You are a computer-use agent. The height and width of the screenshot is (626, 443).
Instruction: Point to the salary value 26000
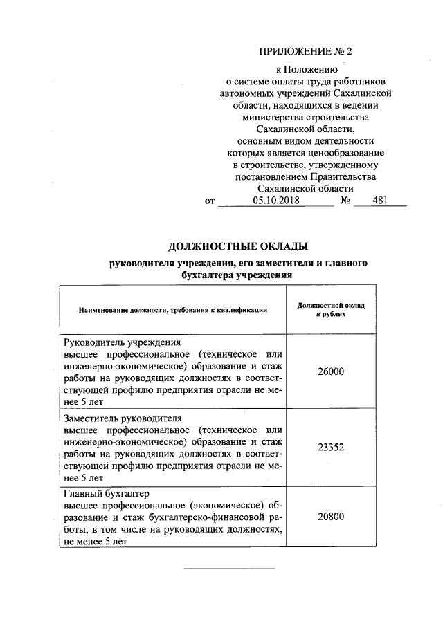(330, 371)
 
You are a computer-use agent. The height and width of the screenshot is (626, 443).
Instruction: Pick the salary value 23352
(330, 447)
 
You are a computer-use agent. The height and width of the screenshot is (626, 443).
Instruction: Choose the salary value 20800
(330, 517)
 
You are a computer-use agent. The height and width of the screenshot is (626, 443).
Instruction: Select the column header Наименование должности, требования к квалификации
(173, 310)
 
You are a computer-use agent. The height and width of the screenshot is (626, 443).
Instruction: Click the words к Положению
(305, 70)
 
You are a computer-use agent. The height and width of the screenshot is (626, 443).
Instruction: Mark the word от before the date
(210, 202)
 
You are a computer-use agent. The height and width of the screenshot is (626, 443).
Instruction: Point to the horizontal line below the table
(229, 569)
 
